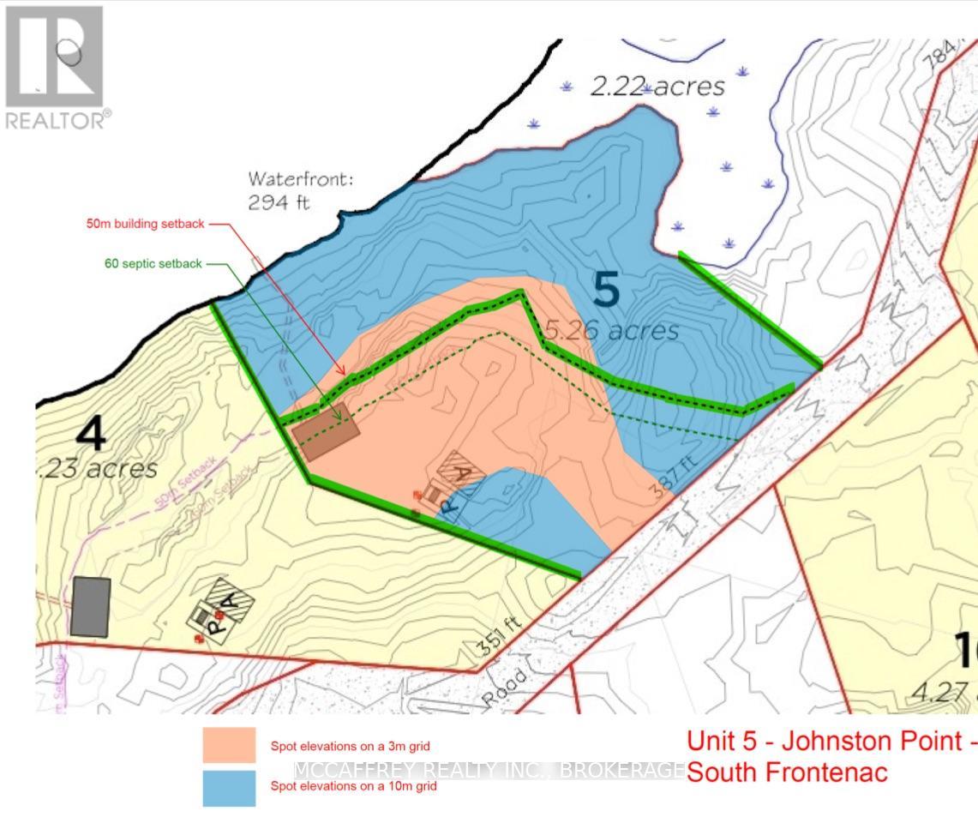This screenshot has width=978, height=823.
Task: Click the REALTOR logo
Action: pos(56,67)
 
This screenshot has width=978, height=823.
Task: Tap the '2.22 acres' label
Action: pos(657,86)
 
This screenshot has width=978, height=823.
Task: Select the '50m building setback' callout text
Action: pos(146,224)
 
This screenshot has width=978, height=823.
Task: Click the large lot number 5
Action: pos(606,290)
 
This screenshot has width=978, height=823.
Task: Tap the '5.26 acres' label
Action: pos(612,330)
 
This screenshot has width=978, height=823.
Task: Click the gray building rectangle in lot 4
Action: pos(91,606)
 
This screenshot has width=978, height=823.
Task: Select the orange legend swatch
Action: pos(229,745)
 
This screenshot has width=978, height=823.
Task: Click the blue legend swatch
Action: pos(229,788)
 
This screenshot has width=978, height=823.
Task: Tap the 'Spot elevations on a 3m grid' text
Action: pos(350,746)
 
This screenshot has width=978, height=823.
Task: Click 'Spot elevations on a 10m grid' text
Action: pos(353,786)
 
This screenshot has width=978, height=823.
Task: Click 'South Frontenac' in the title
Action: pos(787,772)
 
